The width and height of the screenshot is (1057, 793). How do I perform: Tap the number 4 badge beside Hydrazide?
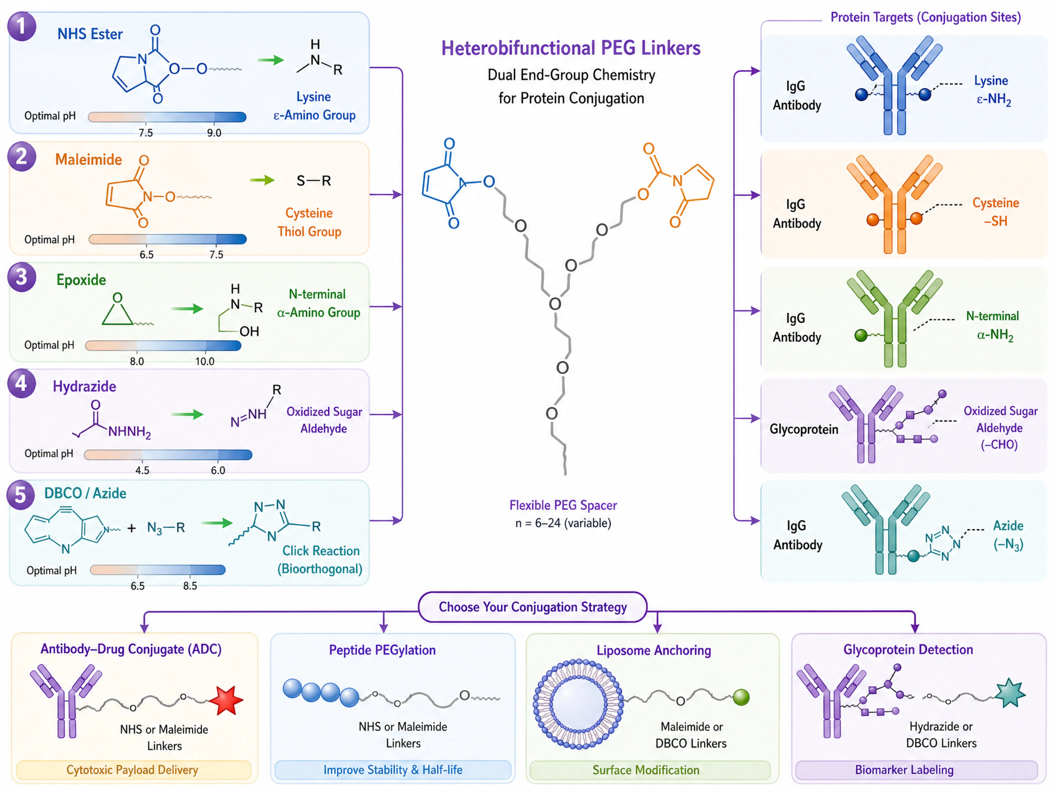[22, 383]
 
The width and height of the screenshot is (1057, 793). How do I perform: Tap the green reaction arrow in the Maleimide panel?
[262, 180]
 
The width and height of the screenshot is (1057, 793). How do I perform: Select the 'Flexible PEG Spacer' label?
[563, 505]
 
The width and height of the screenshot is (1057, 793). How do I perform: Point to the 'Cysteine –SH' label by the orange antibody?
[996, 212]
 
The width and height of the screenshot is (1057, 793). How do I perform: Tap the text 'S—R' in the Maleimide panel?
[314, 181]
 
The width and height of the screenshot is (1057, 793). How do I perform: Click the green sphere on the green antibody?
[861, 335]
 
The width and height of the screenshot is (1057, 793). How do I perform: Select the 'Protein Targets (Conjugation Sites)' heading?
[926, 17]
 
